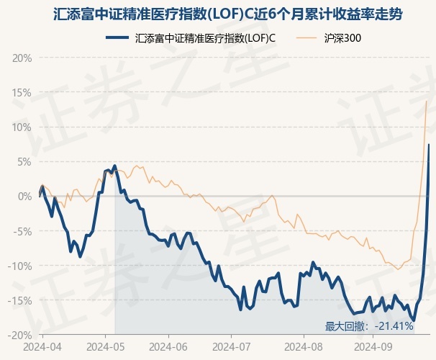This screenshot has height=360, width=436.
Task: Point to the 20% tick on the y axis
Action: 22,58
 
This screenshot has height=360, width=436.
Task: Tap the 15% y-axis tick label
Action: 22,92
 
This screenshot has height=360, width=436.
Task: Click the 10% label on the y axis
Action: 22,127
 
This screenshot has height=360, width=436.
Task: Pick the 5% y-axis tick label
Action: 24,161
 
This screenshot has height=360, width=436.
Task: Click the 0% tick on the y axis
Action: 24,196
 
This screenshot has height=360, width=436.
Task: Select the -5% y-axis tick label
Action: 22,231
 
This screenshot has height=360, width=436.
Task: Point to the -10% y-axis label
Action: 20,266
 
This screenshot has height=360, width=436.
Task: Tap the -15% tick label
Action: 20,300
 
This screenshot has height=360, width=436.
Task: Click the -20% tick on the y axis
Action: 20,335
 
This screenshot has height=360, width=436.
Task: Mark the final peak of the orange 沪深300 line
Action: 427,101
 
